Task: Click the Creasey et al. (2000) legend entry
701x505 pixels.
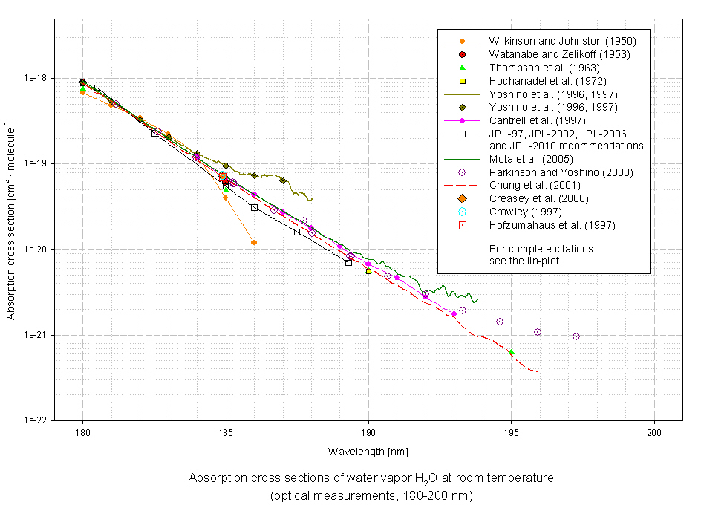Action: click(532, 198)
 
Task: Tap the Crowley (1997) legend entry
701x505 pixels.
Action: click(518, 212)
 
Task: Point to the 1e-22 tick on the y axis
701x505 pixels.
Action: click(36, 421)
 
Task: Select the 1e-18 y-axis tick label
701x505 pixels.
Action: click(36, 78)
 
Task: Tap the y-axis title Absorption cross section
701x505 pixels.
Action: click(11, 219)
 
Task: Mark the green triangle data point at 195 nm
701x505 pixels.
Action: click(511, 352)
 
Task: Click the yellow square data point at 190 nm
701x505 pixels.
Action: click(368, 272)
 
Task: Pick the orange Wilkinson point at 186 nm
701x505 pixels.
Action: click(254, 243)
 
